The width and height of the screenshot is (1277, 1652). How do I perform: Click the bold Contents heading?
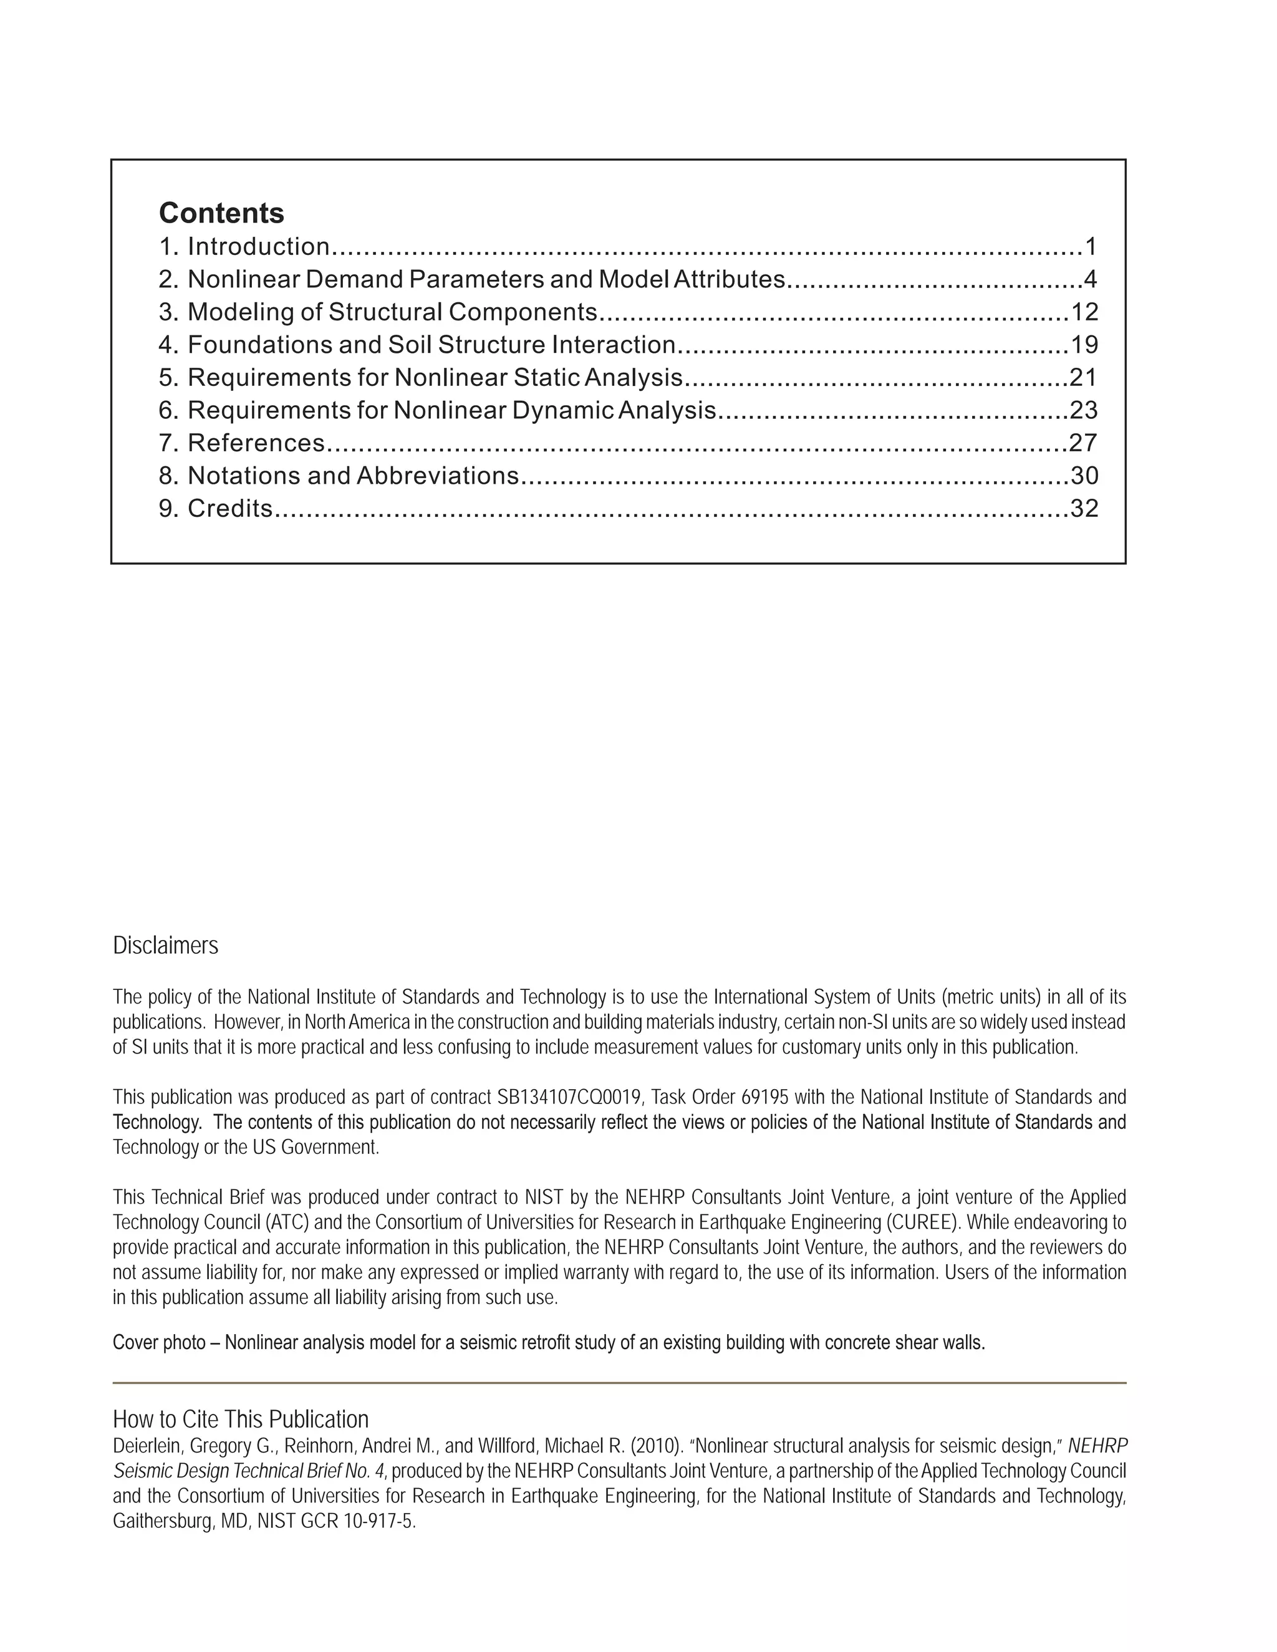tap(221, 213)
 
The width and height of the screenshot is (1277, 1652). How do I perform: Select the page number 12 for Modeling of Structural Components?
tap(1084, 312)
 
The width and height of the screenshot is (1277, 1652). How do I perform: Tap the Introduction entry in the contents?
tap(258, 247)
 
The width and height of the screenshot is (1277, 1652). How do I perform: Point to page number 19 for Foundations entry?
tap(1084, 345)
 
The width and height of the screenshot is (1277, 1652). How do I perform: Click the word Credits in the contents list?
tap(229, 508)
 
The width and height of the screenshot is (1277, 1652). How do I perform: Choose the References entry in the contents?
tap(256, 443)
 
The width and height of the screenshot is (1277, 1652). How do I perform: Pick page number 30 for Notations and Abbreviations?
tap(1084, 476)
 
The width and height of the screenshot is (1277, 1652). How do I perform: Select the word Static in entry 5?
tap(549, 377)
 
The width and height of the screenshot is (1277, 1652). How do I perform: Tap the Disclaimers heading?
tap(166, 946)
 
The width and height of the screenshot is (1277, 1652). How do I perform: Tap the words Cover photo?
tap(159, 1343)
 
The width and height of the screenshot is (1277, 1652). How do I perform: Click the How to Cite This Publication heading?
tap(241, 1419)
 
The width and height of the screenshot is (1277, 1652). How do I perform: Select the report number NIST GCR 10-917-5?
tap(337, 1521)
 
